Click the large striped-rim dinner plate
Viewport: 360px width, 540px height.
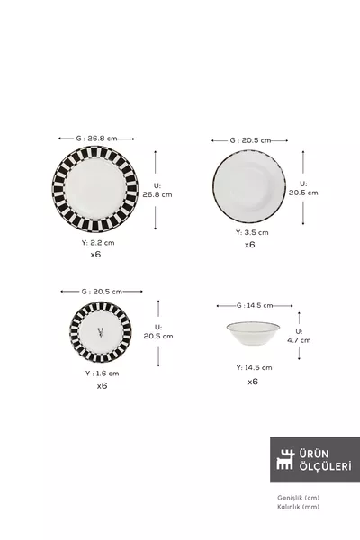click(95, 189)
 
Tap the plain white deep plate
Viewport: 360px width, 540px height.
click(249, 186)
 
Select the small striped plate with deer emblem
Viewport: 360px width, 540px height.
click(101, 332)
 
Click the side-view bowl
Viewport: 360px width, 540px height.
click(253, 333)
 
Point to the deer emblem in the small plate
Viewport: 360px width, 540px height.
click(101, 332)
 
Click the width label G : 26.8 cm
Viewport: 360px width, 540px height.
click(96, 139)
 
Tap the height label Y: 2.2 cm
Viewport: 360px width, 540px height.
click(98, 242)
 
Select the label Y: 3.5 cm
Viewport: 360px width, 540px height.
click(252, 232)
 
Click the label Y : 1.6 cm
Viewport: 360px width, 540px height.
click(103, 373)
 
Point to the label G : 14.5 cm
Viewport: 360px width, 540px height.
click(255, 305)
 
